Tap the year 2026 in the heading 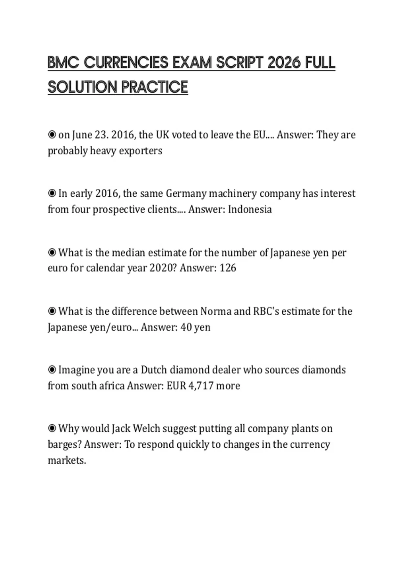coord(283,63)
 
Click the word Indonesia coord(250,209)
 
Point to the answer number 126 coord(228,268)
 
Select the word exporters coord(140,151)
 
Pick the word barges coord(63,445)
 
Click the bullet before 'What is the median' coord(52,252)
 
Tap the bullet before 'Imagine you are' coord(52,370)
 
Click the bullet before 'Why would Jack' coord(52,429)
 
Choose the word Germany coord(186,193)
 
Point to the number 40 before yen coord(186,327)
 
